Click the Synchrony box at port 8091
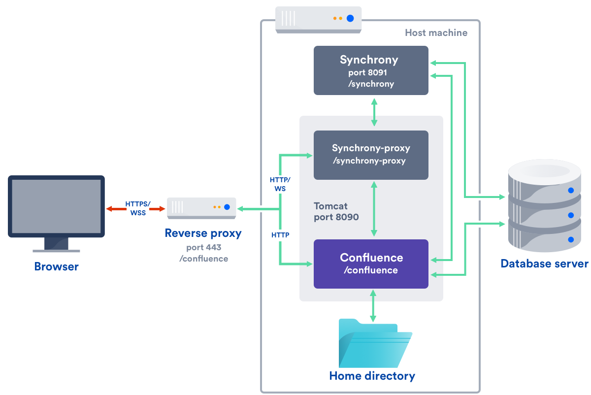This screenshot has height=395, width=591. (371, 70)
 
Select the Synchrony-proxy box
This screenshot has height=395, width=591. (371, 155)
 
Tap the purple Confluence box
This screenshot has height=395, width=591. (371, 264)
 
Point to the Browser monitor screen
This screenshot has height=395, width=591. (57, 206)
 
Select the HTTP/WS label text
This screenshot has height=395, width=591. (280, 184)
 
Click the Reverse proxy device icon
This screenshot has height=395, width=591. (201, 208)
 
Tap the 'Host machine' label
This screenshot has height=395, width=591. (436, 33)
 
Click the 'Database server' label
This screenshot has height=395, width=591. (544, 263)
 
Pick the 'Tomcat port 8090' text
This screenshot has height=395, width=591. (336, 211)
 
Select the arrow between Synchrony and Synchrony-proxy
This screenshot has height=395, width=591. (374, 112)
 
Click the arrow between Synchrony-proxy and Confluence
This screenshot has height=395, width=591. (374, 209)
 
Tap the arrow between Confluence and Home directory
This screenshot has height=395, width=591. (373, 305)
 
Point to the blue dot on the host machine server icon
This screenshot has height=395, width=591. (350, 18)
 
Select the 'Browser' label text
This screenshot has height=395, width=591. (56, 267)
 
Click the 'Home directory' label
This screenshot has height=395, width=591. (372, 376)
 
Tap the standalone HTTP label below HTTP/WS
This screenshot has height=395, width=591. (280, 235)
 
